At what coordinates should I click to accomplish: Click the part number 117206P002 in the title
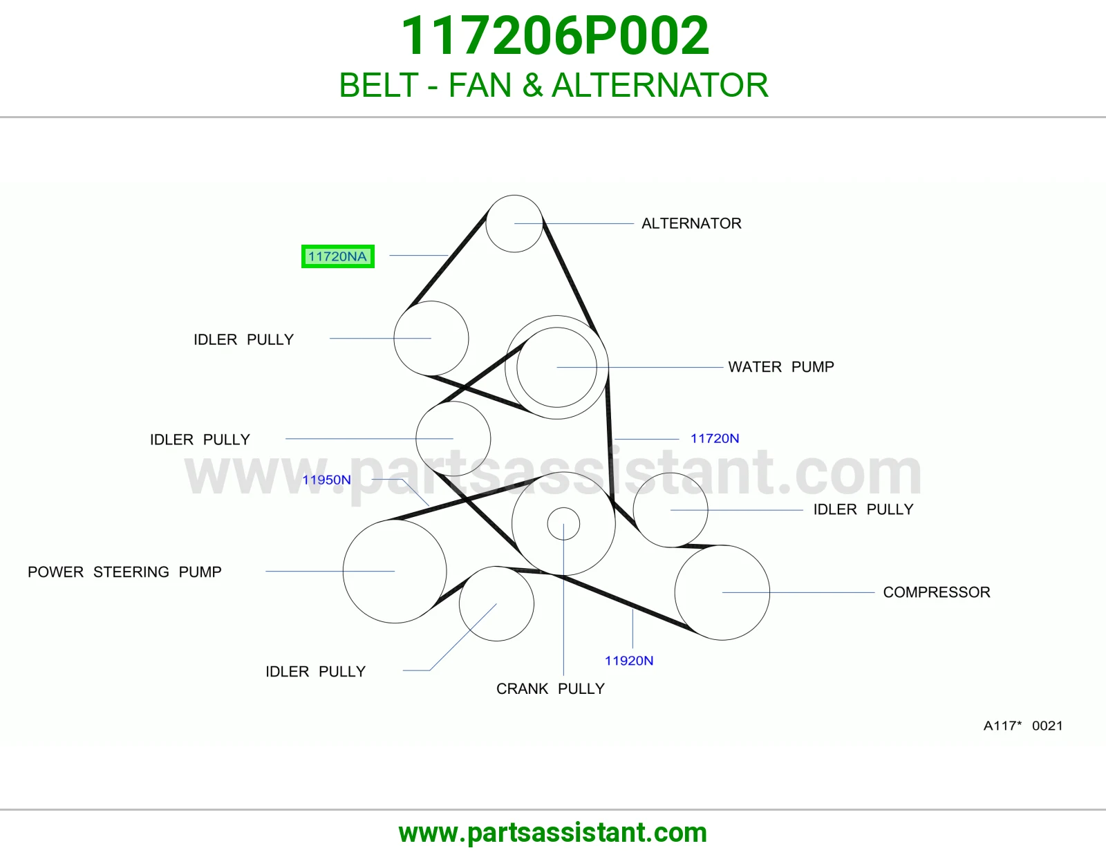pyautogui.click(x=554, y=36)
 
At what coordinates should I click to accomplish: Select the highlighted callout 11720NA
pyautogui.click(x=337, y=256)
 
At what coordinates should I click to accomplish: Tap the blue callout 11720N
pyautogui.click(x=715, y=438)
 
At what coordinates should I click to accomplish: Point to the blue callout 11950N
pyautogui.click(x=326, y=480)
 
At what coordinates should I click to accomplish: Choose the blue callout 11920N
pyautogui.click(x=628, y=661)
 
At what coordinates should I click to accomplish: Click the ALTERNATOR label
pyautogui.click(x=691, y=223)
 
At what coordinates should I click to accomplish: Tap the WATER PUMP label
pyautogui.click(x=780, y=367)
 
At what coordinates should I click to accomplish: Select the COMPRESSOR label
pyautogui.click(x=937, y=592)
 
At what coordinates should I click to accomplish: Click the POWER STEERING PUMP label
pyautogui.click(x=124, y=572)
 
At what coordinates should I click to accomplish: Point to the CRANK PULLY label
pyautogui.click(x=550, y=688)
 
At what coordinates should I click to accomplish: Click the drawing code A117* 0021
pyautogui.click(x=1023, y=725)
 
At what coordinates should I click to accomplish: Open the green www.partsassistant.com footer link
pyautogui.click(x=553, y=833)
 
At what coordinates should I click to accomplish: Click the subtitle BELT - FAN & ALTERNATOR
pyautogui.click(x=554, y=85)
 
